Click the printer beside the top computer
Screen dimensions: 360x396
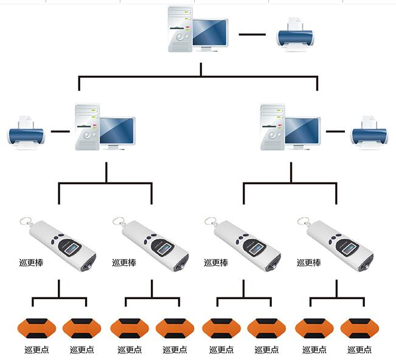coord(295,34)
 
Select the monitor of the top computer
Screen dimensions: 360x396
coord(210,33)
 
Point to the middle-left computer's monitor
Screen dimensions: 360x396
coord(117,131)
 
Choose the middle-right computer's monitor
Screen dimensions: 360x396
coord(302,131)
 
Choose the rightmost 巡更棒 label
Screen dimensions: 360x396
coord(308,263)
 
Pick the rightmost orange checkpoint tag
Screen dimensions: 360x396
coord(359,328)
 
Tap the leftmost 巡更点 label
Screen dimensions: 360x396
coord(36,350)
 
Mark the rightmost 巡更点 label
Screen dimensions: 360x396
coord(360,350)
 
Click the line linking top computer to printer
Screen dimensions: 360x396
coord(252,34)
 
